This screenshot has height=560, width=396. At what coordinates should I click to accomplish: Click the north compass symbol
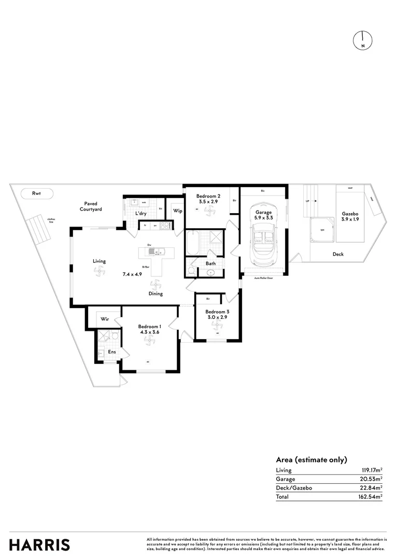click(x=363, y=40)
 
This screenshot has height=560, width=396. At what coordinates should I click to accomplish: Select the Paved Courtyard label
click(x=91, y=206)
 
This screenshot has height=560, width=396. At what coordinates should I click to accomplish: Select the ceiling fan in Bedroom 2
click(x=209, y=210)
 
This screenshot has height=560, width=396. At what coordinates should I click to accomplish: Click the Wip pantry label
click(x=177, y=211)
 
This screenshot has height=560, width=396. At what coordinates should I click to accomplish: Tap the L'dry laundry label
click(x=141, y=214)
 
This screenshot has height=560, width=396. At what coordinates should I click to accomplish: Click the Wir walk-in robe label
click(x=104, y=319)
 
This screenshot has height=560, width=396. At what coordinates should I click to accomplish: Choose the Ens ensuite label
click(x=111, y=352)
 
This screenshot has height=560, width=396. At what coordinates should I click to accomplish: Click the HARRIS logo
click(x=39, y=544)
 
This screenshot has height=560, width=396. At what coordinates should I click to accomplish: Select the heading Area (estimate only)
click(x=311, y=459)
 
